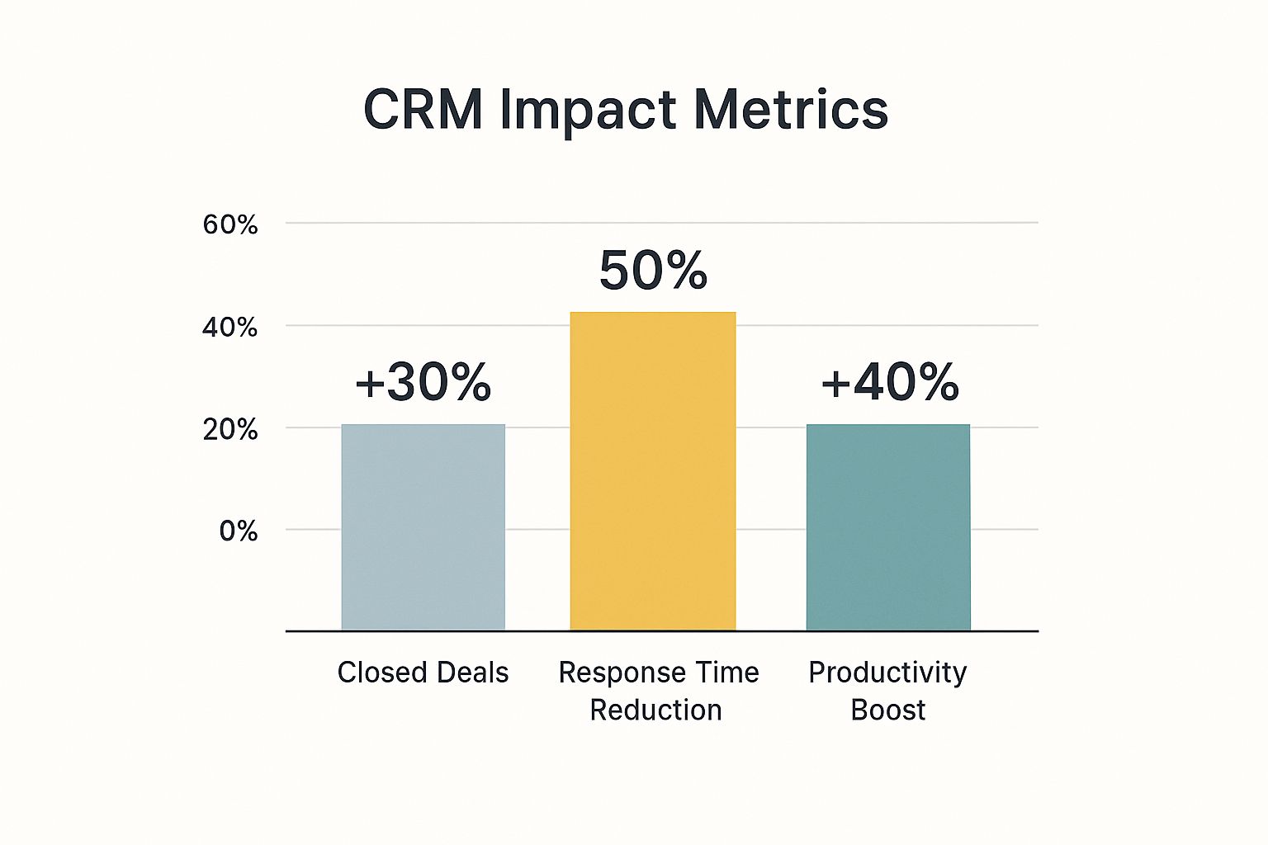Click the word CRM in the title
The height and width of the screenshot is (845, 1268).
(423, 109)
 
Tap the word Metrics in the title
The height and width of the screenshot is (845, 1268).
(791, 109)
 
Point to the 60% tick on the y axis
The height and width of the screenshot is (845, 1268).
(230, 224)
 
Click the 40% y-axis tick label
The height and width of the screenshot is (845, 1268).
(230, 328)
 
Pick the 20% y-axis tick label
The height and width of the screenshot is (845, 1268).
(230, 430)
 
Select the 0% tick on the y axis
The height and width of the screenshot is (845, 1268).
(239, 531)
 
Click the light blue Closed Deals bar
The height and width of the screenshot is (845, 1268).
(423, 528)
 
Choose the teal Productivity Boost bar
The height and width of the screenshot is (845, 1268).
(888, 528)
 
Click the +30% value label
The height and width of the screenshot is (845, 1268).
(423, 383)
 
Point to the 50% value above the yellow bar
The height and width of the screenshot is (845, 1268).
(653, 271)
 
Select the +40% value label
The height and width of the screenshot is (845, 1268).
(890, 383)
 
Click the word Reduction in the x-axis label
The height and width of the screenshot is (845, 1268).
(656, 710)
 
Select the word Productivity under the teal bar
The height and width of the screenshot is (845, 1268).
(887, 673)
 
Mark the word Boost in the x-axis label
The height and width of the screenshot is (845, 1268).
(888, 710)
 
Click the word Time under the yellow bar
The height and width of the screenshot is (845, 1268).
(726, 673)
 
